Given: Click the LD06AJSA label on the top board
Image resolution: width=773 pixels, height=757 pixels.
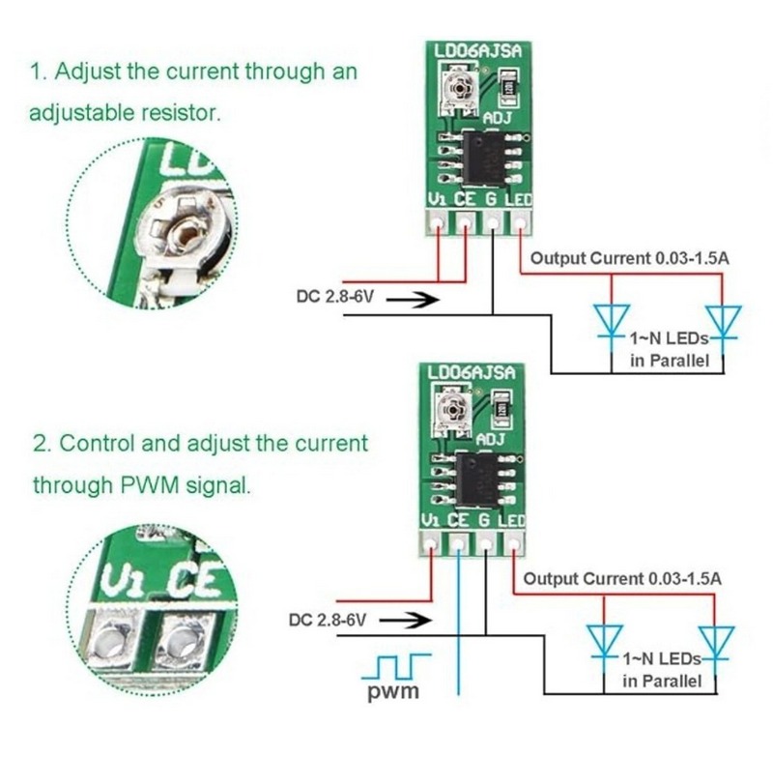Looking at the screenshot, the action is [477, 51].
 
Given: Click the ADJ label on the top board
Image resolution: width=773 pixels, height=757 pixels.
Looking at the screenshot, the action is [497, 118].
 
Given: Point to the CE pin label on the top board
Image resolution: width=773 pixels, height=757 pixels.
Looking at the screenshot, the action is [465, 199].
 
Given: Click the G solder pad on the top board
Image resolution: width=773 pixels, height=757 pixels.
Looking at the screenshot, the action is [493, 223].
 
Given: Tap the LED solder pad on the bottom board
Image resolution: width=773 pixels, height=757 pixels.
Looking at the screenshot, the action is [514, 544].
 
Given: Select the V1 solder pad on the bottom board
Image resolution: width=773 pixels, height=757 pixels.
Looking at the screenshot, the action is [431, 544].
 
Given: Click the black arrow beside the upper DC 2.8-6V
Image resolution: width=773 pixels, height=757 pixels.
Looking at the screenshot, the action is [413, 299].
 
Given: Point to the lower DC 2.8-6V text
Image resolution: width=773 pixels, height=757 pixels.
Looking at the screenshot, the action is [328, 620].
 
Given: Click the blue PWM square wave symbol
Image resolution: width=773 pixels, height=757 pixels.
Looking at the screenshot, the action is [396, 667].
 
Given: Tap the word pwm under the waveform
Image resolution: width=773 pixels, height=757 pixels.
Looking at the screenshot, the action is [393, 690].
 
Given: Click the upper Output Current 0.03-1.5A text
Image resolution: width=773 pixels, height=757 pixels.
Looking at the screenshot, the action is [629, 258].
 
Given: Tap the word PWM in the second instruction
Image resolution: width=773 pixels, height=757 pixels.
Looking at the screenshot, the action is [150, 485].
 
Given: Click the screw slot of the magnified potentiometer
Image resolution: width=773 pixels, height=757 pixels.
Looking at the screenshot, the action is [186, 232].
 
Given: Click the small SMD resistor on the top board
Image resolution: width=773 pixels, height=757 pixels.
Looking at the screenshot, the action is [509, 88].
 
